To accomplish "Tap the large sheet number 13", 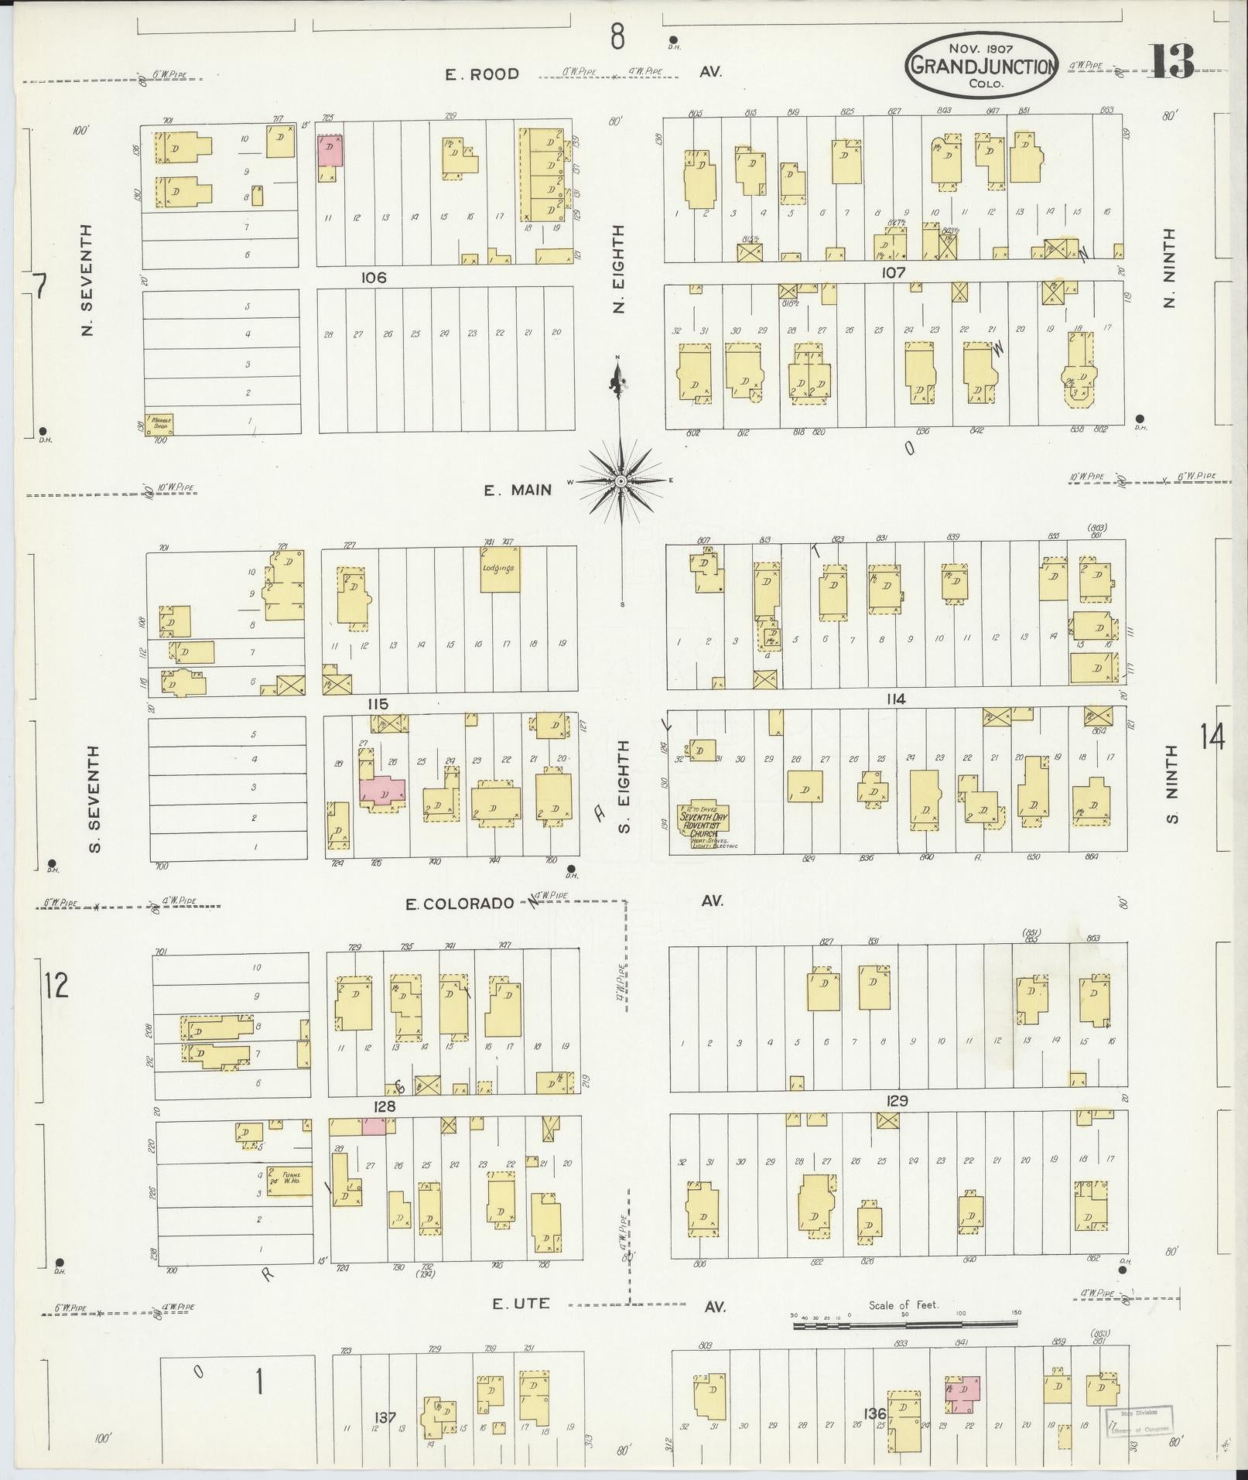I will [1171, 61].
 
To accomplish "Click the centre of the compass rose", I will [621, 481].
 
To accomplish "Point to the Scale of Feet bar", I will [904, 1324].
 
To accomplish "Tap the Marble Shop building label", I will [161, 422].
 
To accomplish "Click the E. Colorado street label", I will [460, 903].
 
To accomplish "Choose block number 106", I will [373, 277].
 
